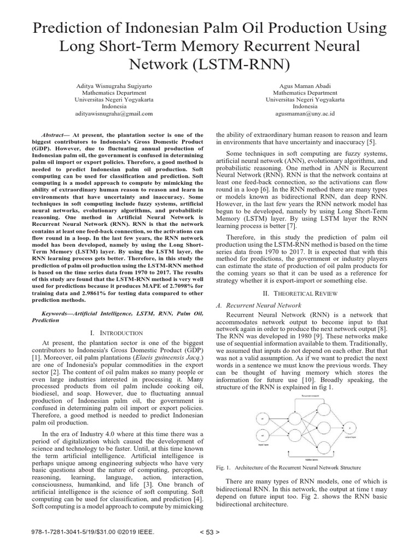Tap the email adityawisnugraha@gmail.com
[x=114, y=114]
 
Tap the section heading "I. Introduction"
[x=118, y=332]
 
